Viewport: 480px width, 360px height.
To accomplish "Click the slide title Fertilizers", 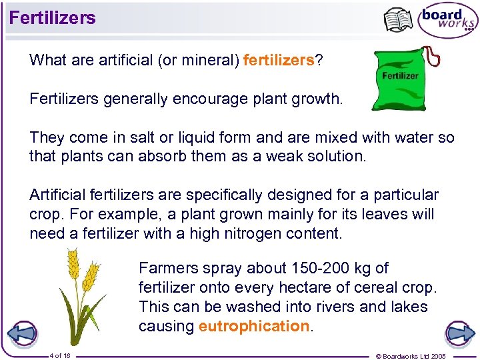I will click(x=53, y=18).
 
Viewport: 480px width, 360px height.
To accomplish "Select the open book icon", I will click(x=399, y=20).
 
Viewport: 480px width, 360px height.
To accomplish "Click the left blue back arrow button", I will click(x=21, y=333).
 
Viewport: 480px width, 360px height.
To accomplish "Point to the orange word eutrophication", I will click(x=253, y=326).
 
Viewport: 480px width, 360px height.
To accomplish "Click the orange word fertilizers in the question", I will click(x=279, y=61).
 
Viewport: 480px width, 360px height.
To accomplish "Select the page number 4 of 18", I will click(x=60, y=356).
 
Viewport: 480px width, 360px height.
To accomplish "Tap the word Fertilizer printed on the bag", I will click(x=400, y=75).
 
